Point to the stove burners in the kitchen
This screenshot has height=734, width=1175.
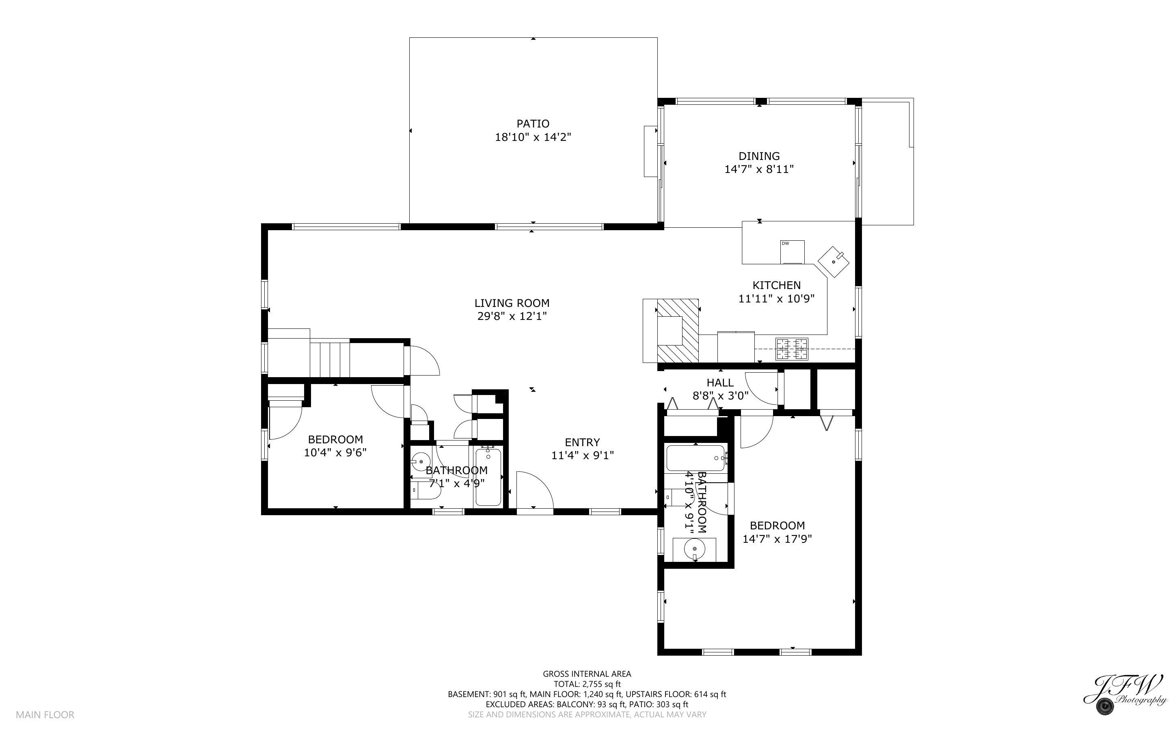[x=792, y=349]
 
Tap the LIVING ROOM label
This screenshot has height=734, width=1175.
[x=512, y=303]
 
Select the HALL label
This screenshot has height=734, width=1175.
[x=720, y=382]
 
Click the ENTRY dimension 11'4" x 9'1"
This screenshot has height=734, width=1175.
[x=582, y=456]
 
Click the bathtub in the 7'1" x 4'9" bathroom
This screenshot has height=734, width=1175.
[x=488, y=477]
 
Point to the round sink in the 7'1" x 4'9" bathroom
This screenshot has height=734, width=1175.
[x=421, y=461]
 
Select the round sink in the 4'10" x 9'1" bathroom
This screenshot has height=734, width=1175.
[x=694, y=549]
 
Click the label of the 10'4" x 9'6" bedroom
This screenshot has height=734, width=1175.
[x=335, y=439]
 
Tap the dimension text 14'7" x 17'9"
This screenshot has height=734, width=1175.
[x=777, y=539]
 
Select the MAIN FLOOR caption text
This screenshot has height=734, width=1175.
[x=45, y=715]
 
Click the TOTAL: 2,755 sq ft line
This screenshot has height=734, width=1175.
[x=587, y=684]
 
